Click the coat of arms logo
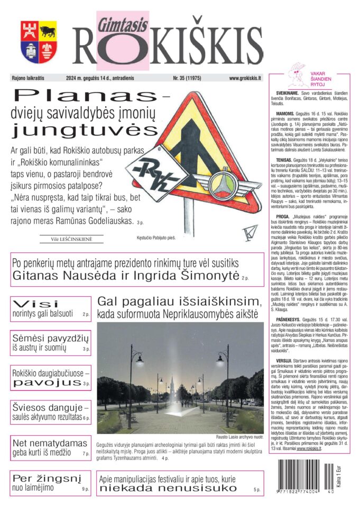pyautogui.click(x=39, y=42)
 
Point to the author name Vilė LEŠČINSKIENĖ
pyautogui.click(x=72, y=239)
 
